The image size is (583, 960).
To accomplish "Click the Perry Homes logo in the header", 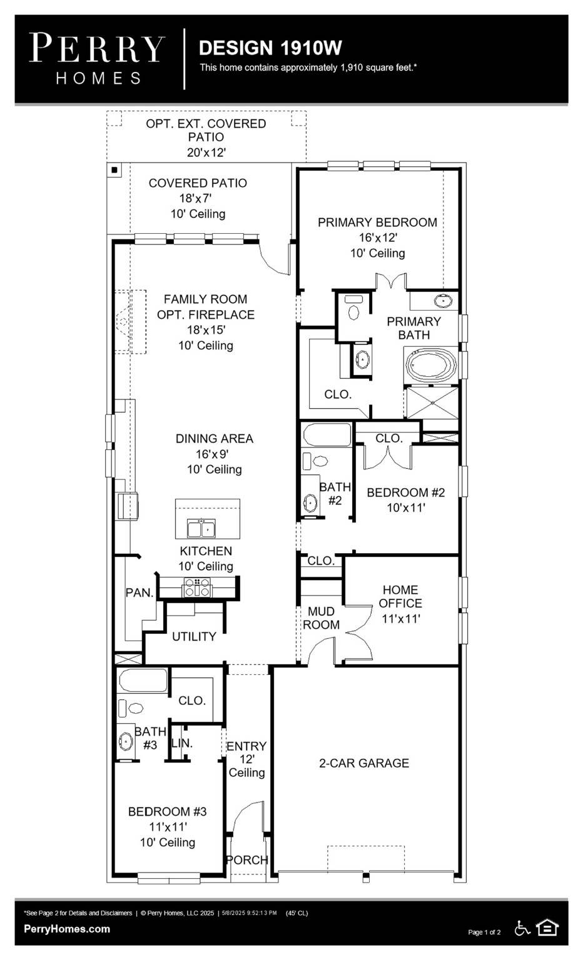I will pos(97,59).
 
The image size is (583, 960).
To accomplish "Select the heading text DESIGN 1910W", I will pos(270,48).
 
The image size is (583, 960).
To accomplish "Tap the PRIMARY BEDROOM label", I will pos(377,222).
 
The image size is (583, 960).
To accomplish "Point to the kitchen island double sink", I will pos(201,529).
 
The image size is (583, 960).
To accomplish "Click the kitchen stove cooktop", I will pos(196,587).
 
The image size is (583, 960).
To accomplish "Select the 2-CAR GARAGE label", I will pos(364,763).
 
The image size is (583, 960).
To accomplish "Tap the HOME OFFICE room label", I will pos(400,596).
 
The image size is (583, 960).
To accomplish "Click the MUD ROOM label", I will pos(321,618).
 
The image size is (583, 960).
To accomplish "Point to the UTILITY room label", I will pos(194,636).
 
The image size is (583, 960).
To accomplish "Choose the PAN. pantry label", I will pos(139,592).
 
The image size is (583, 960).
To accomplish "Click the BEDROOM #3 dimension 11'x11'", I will pos(168,827).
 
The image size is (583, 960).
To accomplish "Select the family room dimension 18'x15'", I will pos(205,330).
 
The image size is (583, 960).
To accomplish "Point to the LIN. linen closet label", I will pos(182,743).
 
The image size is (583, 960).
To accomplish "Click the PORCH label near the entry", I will pos(246,860).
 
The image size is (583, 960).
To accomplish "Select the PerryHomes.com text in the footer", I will pos(67,929).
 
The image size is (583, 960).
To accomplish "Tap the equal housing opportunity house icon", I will pos(547,928).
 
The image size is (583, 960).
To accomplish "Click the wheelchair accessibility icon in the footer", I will pos(522,929).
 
